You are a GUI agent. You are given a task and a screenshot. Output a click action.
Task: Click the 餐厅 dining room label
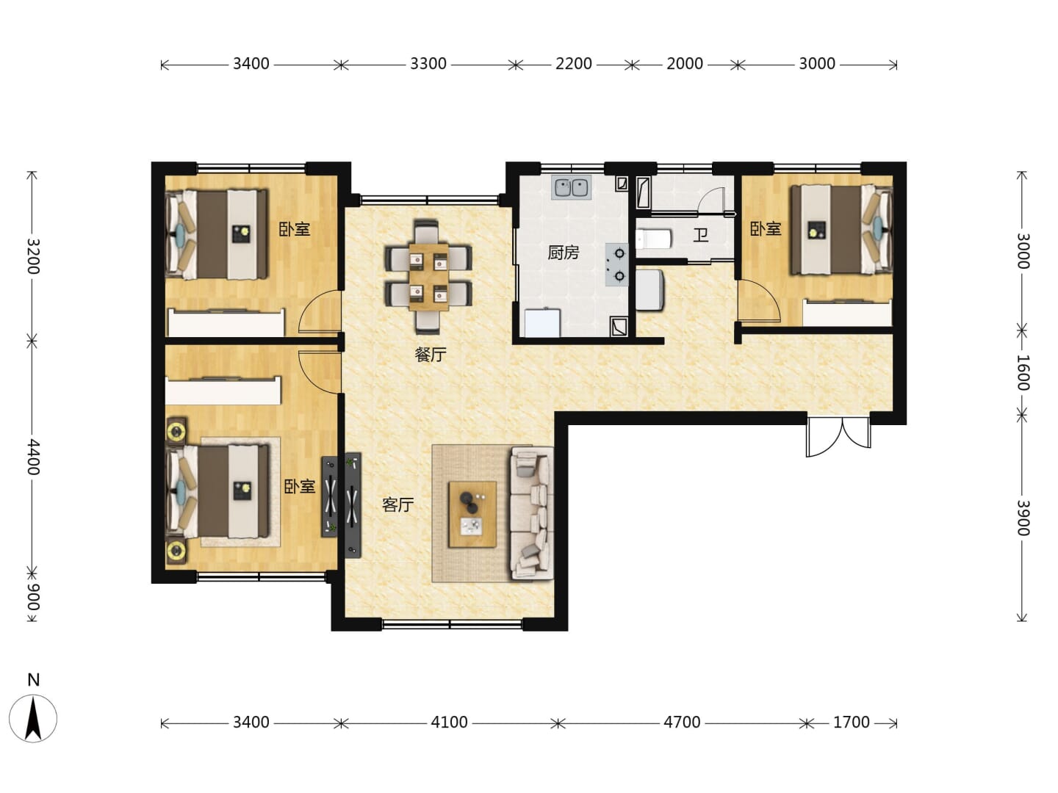pos(431,355)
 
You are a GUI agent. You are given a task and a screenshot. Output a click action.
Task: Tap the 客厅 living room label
pos(397,505)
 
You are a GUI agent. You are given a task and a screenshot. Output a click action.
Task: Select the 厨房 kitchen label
pos(563,253)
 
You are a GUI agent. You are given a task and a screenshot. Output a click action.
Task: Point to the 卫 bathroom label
pos(701,236)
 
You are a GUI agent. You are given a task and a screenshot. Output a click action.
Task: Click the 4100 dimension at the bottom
pos(449,723)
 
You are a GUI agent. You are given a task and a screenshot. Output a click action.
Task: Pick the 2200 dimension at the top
pos(574,64)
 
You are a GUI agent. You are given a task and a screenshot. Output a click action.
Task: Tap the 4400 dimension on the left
pos(32,457)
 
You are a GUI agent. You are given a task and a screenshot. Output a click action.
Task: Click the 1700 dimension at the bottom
pos(852,723)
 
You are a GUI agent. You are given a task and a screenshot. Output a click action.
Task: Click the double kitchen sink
pos(572,187)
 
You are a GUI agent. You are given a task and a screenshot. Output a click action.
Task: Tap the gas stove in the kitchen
pos(617,264)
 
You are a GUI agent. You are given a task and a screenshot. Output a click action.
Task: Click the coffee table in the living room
pos(472,514)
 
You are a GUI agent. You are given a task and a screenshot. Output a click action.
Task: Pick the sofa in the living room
pos(532,513)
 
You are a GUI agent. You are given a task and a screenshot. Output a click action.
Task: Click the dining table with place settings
pos(428,277)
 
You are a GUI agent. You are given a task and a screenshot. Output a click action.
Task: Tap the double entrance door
pos(839,436)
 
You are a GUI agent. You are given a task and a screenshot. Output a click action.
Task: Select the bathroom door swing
pos(711,200)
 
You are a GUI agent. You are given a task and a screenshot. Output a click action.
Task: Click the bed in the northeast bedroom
pos(841,231)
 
